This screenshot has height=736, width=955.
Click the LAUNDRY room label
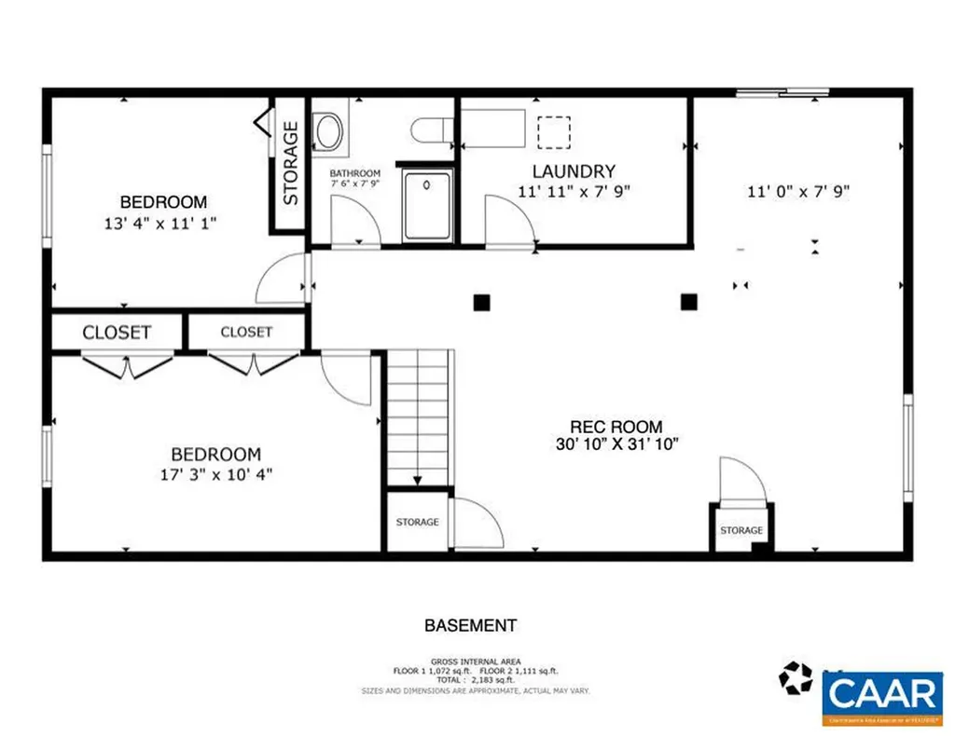click(x=574, y=171)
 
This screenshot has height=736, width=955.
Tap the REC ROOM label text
click(x=616, y=427)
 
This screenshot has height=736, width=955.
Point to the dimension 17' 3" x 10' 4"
click(x=215, y=474)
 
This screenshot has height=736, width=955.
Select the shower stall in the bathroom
click(x=427, y=205)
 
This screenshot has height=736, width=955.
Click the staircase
click(x=418, y=417)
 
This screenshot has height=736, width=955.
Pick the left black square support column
click(x=481, y=301)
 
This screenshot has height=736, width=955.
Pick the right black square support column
click(x=689, y=301)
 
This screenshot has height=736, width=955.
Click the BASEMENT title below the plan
click(x=470, y=626)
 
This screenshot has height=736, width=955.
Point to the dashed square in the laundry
click(x=554, y=131)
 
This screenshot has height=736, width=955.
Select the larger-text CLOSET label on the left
click(x=118, y=333)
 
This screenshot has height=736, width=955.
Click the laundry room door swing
click(x=509, y=223)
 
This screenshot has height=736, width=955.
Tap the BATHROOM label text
click(x=354, y=173)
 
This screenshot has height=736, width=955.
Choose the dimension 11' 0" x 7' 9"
click(x=798, y=193)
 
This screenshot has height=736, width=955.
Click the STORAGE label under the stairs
click(x=417, y=523)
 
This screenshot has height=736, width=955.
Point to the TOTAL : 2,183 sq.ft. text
click(x=476, y=681)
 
